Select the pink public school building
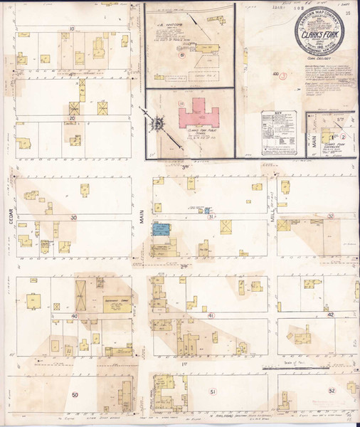(193, 114)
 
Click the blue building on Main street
(162, 230)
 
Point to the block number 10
(71, 29)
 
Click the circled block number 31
(211, 216)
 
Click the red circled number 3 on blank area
(283, 74)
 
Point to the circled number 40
(73, 314)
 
